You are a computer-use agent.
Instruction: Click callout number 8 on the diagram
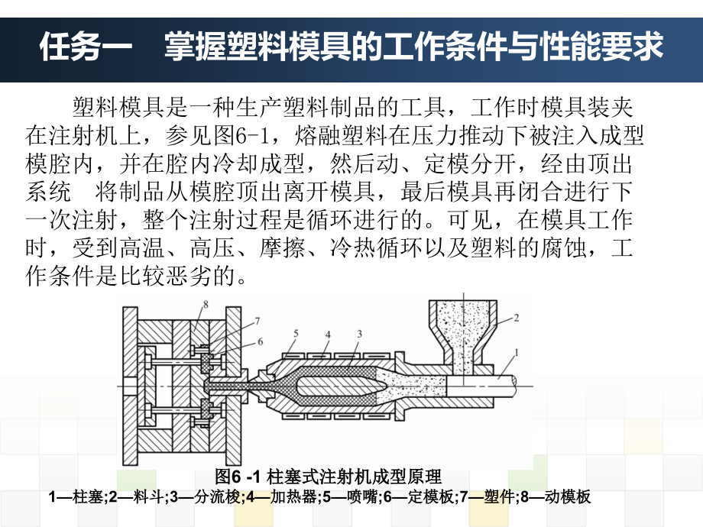(206, 305)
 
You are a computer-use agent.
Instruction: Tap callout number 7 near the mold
(258, 321)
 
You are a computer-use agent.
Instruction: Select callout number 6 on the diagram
(260, 341)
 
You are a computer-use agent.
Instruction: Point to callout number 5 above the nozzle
(296, 334)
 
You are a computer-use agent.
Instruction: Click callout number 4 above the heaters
(328, 335)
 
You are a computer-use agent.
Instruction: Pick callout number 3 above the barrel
(360, 334)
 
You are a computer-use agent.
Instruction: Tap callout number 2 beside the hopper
(516, 318)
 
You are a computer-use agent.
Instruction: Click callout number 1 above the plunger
(517, 353)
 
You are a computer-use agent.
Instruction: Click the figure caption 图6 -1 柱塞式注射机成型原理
(328, 477)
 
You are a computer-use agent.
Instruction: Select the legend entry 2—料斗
(137, 497)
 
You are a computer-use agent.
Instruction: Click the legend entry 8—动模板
(556, 497)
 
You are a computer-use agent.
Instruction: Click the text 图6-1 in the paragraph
(242, 135)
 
